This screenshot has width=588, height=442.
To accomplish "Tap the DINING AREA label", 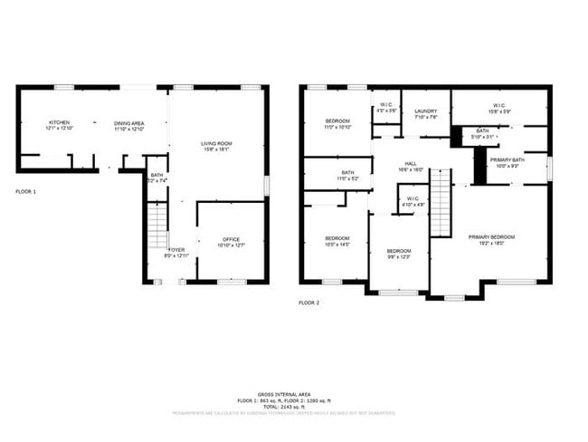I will pyautogui.click(x=128, y=125).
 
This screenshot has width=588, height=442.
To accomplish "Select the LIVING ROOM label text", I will pyautogui.click(x=216, y=146).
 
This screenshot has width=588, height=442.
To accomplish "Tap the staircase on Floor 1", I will pyautogui.click(x=156, y=226).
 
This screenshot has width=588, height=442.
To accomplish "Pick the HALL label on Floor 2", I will pyautogui.click(x=410, y=166).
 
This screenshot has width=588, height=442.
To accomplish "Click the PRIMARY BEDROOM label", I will pyautogui.click(x=491, y=239).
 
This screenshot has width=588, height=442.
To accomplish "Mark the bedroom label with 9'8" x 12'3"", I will pyautogui.click(x=399, y=254).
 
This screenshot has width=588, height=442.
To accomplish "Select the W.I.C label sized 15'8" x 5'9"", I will pyautogui.click(x=498, y=109).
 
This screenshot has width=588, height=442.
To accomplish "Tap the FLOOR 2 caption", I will pyautogui.click(x=310, y=303).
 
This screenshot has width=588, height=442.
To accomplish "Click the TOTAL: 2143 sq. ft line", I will pyautogui.click(x=284, y=406).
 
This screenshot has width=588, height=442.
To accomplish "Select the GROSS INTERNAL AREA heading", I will pyautogui.click(x=284, y=394).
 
